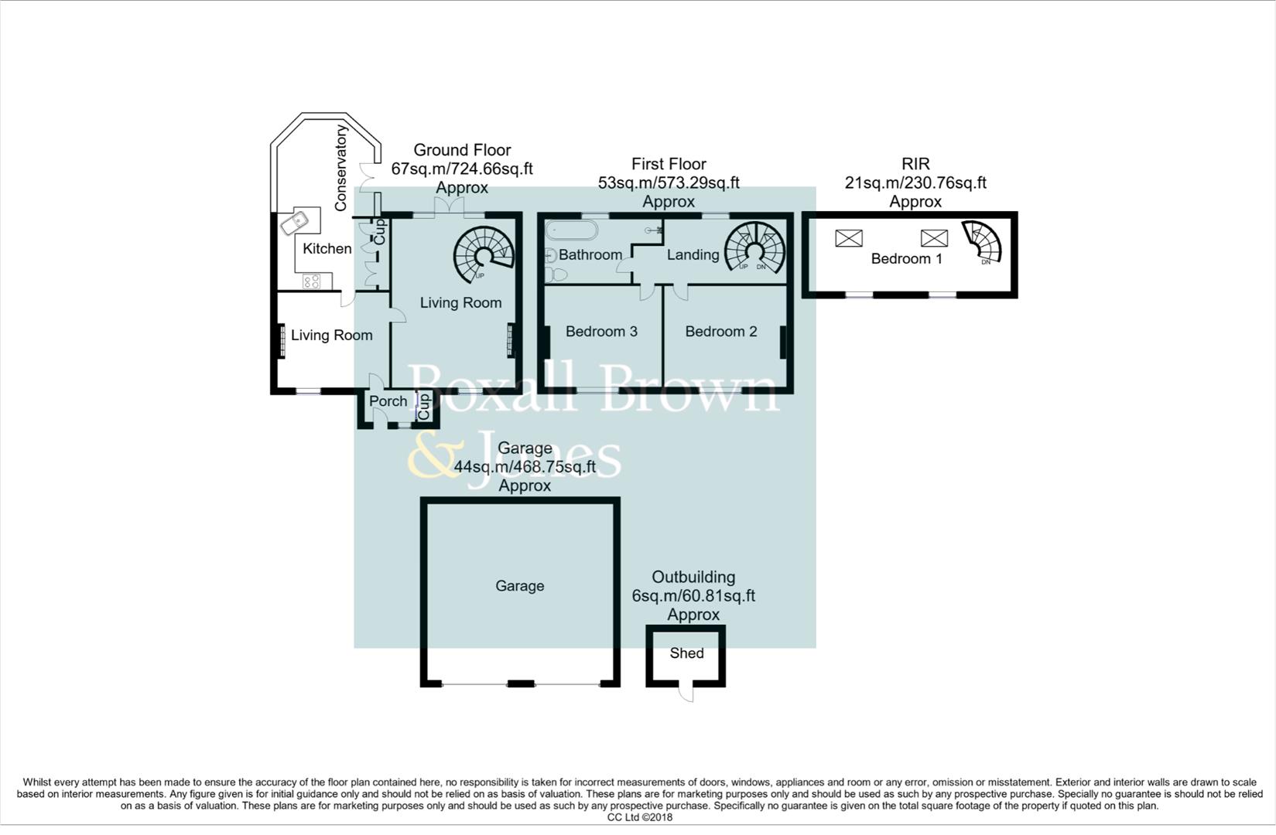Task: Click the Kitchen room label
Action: click(327, 249)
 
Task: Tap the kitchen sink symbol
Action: click(300, 222)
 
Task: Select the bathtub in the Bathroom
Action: click(570, 230)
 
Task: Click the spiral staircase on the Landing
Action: click(754, 247)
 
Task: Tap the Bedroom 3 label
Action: click(601, 332)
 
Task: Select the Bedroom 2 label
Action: click(720, 332)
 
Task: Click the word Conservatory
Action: click(340, 168)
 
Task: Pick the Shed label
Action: click(686, 653)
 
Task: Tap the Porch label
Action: click(388, 401)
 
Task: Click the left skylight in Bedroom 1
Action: click(848, 237)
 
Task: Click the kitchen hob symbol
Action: click(313, 281)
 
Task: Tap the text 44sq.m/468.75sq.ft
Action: click(525, 467)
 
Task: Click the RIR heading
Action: click(915, 164)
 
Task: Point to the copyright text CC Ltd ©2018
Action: click(639, 817)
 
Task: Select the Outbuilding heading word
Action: click(693, 578)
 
